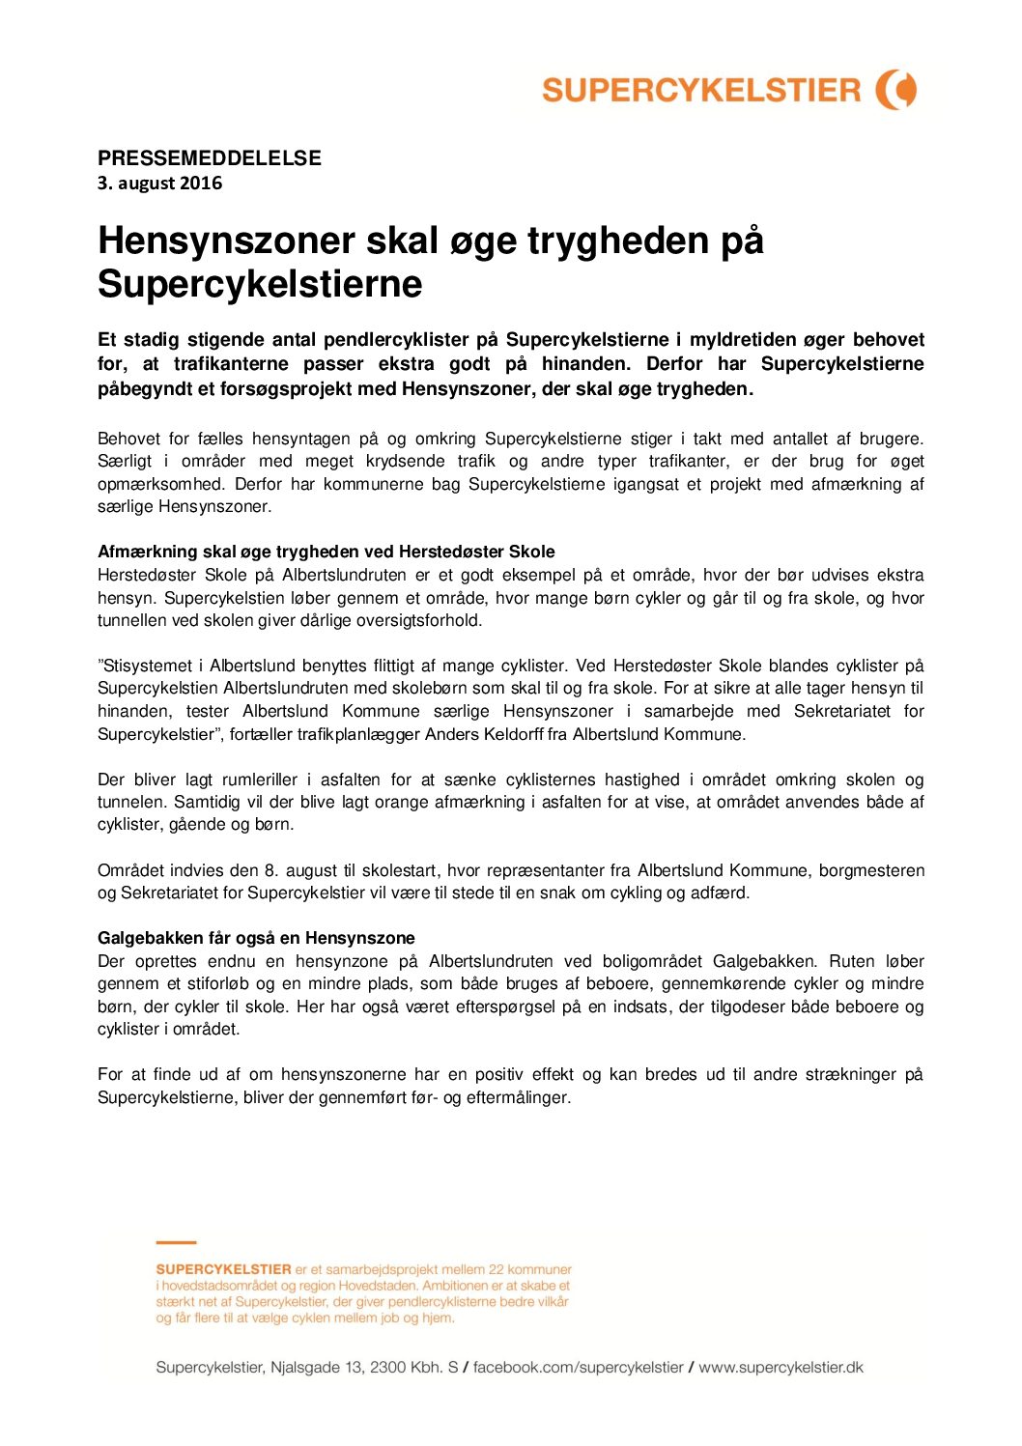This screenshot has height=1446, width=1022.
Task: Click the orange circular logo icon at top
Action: [x=896, y=90]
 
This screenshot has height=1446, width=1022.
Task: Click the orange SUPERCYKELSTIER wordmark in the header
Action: [x=700, y=91]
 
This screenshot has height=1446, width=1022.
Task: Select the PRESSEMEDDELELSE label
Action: [x=210, y=158]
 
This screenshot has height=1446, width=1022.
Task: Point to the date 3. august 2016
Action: [x=160, y=184]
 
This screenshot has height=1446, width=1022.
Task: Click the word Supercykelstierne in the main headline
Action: [x=260, y=284]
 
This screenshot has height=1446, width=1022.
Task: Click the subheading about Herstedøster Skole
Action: [x=326, y=552]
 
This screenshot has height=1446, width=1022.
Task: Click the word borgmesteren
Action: [x=871, y=870]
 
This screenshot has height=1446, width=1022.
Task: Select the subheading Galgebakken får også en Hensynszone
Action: [x=256, y=938]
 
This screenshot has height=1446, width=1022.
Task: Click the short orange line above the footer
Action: [x=176, y=1242]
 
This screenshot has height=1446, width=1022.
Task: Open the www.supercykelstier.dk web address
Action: [x=781, y=1368]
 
